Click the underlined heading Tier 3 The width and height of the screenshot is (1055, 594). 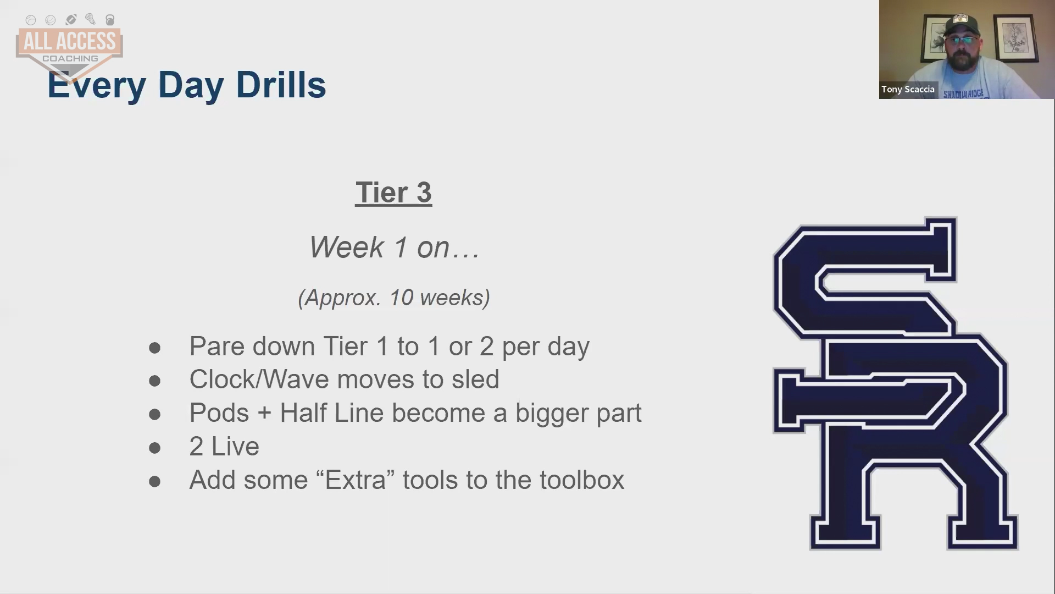point(393,193)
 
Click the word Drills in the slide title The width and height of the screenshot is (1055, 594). point(281,85)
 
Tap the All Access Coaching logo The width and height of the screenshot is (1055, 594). point(69,47)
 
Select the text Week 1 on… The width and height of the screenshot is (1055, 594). point(395,247)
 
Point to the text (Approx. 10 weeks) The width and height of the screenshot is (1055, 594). point(394,298)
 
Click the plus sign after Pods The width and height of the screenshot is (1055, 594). point(264,414)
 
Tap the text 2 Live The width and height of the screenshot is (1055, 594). point(224,446)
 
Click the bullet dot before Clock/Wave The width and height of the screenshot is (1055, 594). point(155,381)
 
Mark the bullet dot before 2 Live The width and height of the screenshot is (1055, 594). point(155,448)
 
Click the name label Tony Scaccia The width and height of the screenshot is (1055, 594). point(908,89)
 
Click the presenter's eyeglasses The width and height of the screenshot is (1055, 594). point(962,40)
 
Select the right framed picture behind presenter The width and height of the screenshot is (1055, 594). point(1015,37)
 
